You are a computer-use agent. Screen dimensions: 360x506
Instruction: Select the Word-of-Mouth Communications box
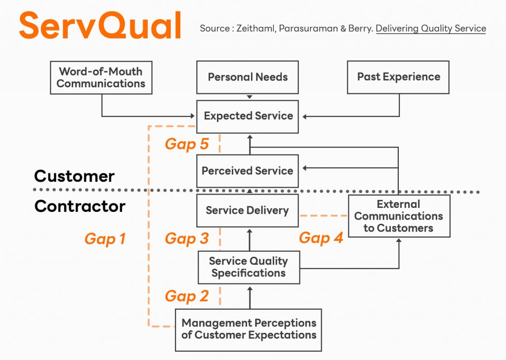[101, 78]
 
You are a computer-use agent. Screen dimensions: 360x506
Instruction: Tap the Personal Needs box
[248, 77]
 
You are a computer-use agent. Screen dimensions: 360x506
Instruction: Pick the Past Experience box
[398, 77]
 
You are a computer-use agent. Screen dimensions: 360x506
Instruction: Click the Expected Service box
[248, 116]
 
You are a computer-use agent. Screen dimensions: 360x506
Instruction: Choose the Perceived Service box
[248, 171]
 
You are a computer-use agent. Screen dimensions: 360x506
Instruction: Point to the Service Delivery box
[247, 210]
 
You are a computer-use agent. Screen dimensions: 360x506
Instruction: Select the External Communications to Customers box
[399, 216]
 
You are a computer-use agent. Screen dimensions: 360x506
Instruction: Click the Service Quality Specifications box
[249, 267]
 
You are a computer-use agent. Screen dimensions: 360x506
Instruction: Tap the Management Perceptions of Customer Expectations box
[249, 329]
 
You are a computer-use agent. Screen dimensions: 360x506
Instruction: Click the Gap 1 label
[105, 239]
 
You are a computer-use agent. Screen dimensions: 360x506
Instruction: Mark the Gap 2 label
[186, 296]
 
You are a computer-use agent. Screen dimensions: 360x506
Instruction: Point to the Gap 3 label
[186, 239]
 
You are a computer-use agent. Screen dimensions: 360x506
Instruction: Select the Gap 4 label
[321, 238]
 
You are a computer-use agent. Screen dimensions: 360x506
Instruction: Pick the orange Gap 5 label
[186, 144]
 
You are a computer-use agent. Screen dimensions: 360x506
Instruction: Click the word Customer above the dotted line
[74, 176]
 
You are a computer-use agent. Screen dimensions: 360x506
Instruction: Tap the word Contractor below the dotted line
[80, 206]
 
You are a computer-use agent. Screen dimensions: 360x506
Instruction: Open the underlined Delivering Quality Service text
[431, 29]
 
